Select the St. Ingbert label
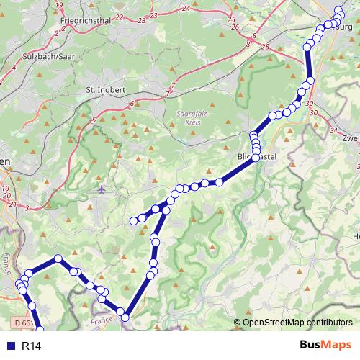click(106, 90)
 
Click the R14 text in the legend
click(30, 346)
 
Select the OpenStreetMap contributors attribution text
click(297, 322)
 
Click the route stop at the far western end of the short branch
click(133, 220)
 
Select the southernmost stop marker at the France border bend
click(123, 316)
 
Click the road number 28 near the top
click(265, 47)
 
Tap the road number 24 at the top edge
click(186, 8)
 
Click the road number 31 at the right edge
click(333, 130)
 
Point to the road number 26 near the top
click(235, 27)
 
